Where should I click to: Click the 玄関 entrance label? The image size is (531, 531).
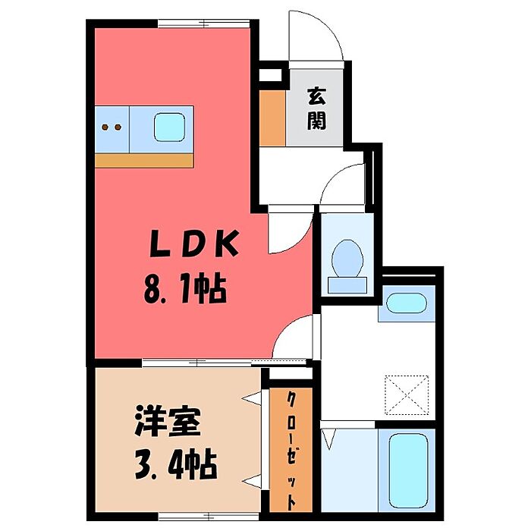point(316,108)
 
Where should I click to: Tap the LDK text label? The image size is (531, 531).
point(193,245)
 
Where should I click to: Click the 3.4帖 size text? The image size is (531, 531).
point(174,463)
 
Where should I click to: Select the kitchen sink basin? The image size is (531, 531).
point(169,126)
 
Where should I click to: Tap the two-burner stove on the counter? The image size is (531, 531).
point(112,127)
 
